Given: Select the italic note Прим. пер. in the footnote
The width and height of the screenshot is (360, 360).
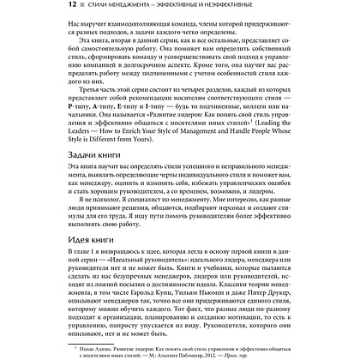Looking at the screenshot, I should coord(288,351).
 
